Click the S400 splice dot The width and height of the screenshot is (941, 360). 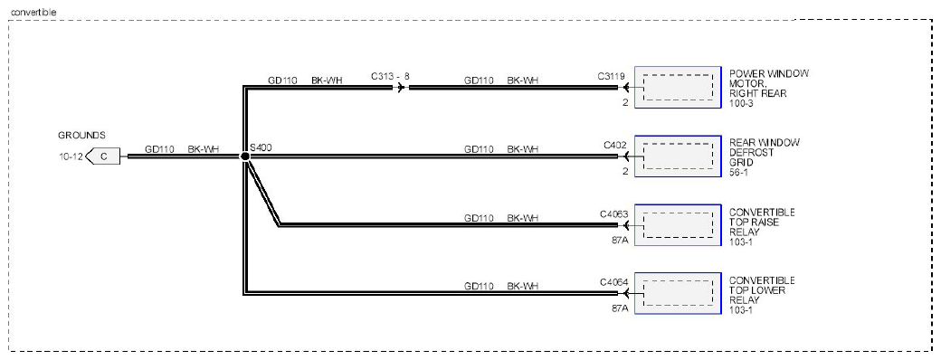click(x=245, y=156)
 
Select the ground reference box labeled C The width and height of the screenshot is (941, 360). click(x=102, y=156)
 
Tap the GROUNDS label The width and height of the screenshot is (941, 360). click(x=81, y=136)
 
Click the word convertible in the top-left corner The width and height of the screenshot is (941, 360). click(x=34, y=12)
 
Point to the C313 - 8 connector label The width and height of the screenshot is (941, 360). click(x=390, y=76)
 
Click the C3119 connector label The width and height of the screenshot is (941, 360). click(x=612, y=76)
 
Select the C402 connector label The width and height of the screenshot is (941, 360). click(x=615, y=146)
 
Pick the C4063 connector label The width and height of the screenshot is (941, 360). click(x=613, y=213)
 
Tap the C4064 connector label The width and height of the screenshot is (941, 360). click(x=613, y=282)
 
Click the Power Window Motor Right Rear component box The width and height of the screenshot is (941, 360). click(x=678, y=88)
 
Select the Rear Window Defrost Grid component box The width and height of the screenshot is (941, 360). click(x=678, y=156)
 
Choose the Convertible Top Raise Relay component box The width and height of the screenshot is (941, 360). click(x=678, y=225)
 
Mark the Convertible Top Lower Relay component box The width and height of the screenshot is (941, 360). click(x=678, y=293)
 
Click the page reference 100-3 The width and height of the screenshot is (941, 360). click(x=741, y=104)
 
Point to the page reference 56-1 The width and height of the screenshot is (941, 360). click(x=739, y=172)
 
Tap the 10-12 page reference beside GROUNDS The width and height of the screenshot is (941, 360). click(x=71, y=157)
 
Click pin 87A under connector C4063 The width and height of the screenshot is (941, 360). click(x=619, y=240)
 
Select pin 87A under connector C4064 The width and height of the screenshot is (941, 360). click(x=619, y=308)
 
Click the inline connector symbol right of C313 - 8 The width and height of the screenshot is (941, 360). click(x=400, y=88)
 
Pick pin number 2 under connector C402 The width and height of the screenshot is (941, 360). click(x=624, y=172)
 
